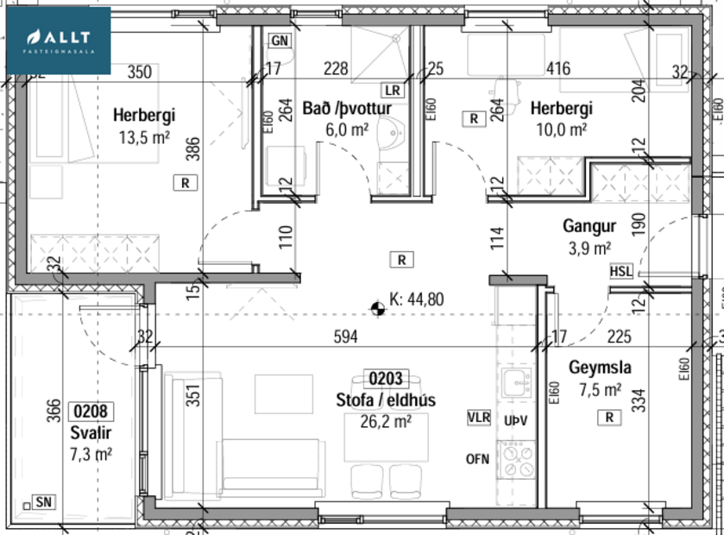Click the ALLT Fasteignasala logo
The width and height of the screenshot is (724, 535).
point(59,41)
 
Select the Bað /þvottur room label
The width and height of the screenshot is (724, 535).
point(347,109)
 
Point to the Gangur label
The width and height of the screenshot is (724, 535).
point(589,227)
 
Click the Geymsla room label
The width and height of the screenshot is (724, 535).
point(599,368)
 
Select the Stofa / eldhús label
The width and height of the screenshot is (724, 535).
point(386,400)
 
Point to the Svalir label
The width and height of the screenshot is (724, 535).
point(91,432)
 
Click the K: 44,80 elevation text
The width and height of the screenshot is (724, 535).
point(417,300)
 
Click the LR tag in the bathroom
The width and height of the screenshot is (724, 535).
point(393,90)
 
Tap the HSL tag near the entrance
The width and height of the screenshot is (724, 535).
point(620,271)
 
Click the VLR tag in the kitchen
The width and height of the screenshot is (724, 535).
point(478,418)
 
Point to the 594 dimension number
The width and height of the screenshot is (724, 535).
point(345,337)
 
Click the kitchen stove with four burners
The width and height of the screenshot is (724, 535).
point(519,459)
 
